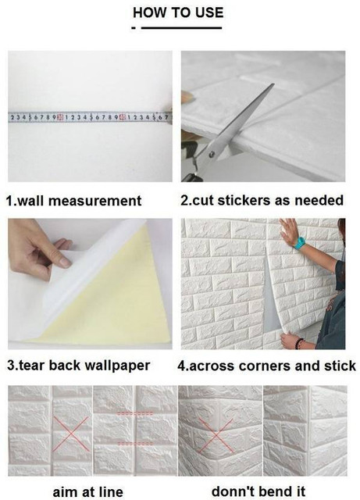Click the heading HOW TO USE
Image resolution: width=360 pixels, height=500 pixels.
point(178,12)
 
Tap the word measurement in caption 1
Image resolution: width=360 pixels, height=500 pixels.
point(94,201)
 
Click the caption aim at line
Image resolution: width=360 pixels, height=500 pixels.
point(88,491)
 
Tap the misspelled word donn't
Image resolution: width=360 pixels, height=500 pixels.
point(230,491)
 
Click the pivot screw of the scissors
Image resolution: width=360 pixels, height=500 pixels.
point(212,155)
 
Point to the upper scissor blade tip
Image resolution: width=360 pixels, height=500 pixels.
point(273,84)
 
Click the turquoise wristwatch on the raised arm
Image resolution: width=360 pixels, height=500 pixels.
point(299,243)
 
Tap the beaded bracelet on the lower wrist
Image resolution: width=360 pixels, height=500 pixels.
point(299,343)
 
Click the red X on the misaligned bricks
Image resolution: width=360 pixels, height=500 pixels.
point(70,434)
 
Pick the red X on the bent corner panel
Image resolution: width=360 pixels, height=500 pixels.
point(216,434)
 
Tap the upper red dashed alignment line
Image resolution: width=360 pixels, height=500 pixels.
point(135,413)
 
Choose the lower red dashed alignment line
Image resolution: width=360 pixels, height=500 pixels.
point(135,444)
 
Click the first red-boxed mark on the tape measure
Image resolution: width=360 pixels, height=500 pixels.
point(59,117)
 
